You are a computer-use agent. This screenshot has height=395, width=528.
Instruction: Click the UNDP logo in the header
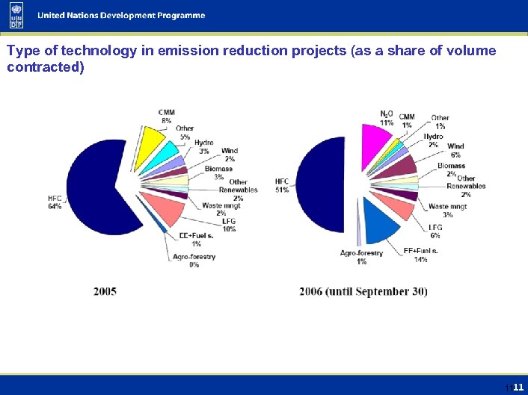click(16, 15)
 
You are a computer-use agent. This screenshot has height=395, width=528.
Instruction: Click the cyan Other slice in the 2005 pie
click(165, 155)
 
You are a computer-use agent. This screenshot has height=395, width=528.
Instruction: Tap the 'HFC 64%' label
click(55, 202)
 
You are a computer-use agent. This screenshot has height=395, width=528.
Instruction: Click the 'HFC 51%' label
click(282, 186)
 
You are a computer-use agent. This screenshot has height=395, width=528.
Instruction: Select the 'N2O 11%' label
click(387, 118)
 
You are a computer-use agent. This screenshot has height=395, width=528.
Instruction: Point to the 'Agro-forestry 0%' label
click(194, 261)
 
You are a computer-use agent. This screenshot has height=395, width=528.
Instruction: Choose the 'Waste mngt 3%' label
click(447, 211)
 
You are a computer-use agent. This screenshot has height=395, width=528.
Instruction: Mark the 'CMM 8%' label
click(166, 116)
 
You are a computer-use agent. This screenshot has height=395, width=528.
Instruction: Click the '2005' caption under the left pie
click(105, 291)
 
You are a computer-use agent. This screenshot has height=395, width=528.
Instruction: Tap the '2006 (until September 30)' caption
click(363, 291)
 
